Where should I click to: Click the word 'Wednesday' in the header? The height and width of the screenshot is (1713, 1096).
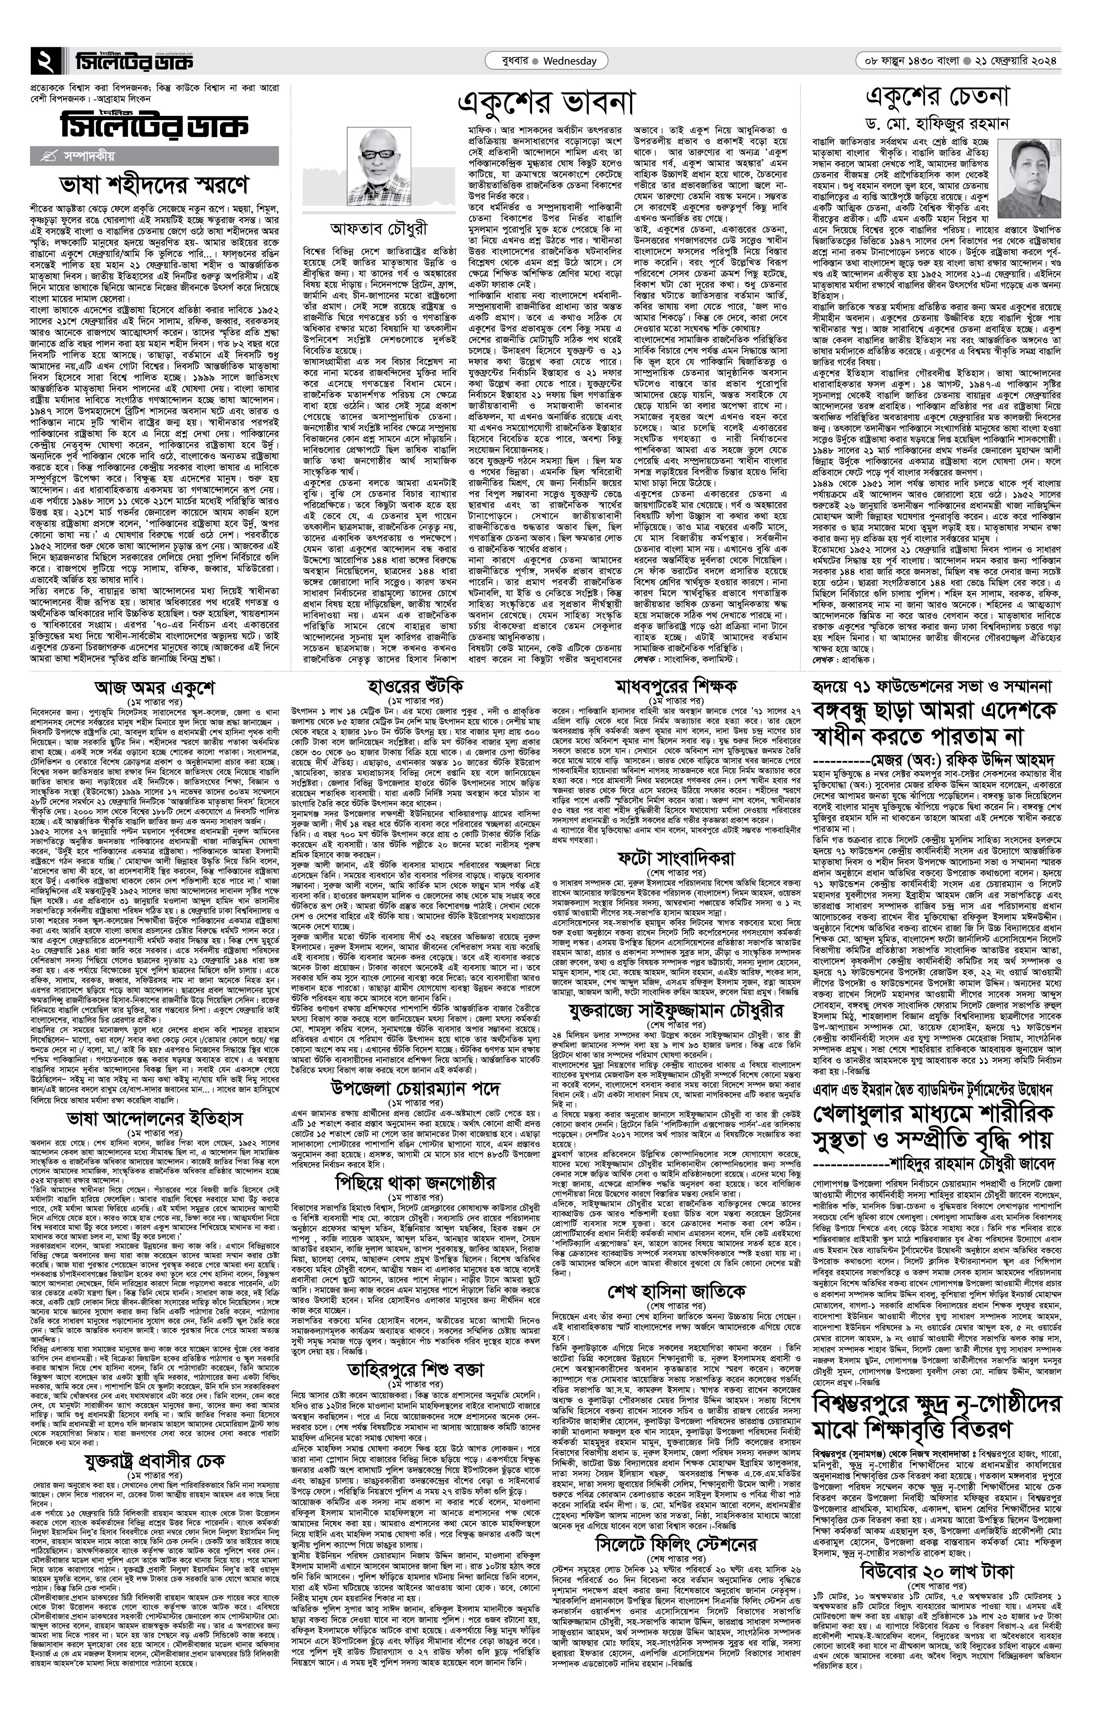click(x=569, y=61)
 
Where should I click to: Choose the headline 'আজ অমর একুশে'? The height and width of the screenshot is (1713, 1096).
click(x=154, y=689)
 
